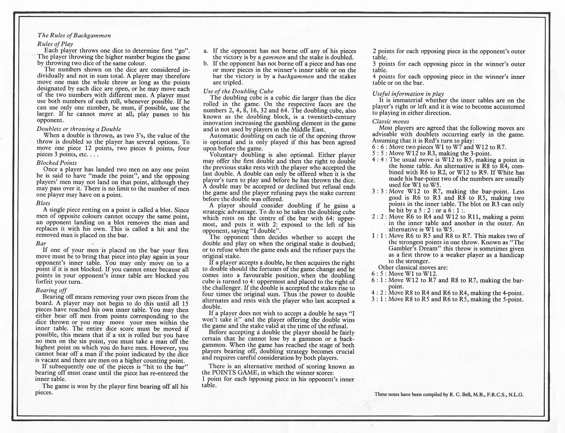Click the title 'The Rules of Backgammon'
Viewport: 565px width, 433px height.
[x=74, y=35]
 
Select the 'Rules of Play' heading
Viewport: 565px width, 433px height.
[x=55, y=44]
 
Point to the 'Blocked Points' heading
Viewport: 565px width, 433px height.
[x=57, y=163]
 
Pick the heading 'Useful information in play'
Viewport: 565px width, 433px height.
[x=408, y=94]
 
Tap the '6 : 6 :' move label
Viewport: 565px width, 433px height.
[x=379, y=147]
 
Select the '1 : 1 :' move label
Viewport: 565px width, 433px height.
[x=379, y=236]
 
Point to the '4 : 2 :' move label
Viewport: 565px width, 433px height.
[x=379, y=293]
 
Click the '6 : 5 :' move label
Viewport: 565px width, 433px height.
[x=379, y=274]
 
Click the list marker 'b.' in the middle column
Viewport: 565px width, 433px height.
[x=206, y=64]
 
